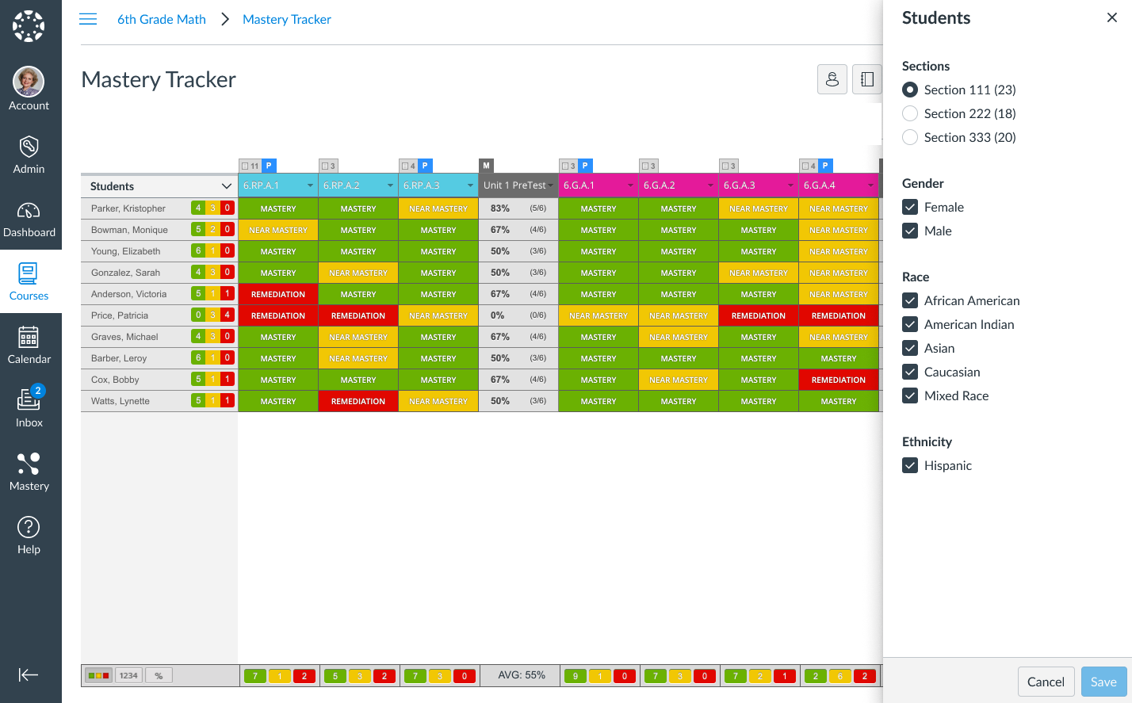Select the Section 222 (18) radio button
[910, 113]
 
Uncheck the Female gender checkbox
[910, 207]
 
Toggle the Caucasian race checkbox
[910, 372]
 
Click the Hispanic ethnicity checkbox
[910, 465]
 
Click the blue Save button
[1103, 682]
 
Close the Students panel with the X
[1112, 17]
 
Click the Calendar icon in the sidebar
[29, 337]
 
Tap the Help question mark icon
[29, 527]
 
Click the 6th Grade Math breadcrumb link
[162, 19]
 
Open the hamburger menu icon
[88, 19]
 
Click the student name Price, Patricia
[120, 315]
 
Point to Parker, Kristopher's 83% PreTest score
[500, 208]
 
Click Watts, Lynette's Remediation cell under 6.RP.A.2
[358, 401]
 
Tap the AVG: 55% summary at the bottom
[522, 675]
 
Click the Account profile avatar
[29, 82]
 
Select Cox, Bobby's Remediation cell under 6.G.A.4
[839, 380]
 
